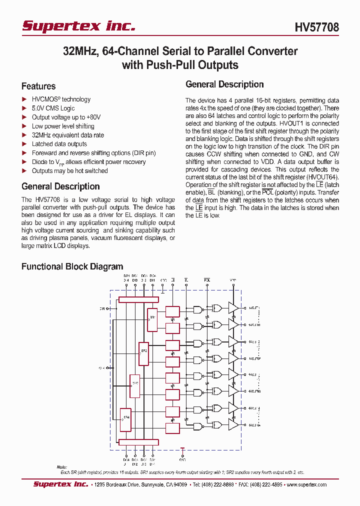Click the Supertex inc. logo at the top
[x=78, y=26]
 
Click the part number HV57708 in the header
[x=316, y=27]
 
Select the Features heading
[x=38, y=86]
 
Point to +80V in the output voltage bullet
[x=93, y=117]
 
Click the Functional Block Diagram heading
[x=72, y=266]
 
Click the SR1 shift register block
[x=152, y=317]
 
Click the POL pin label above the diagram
[x=206, y=279]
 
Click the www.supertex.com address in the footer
[x=308, y=484]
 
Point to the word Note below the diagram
[x=61, y=467]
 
